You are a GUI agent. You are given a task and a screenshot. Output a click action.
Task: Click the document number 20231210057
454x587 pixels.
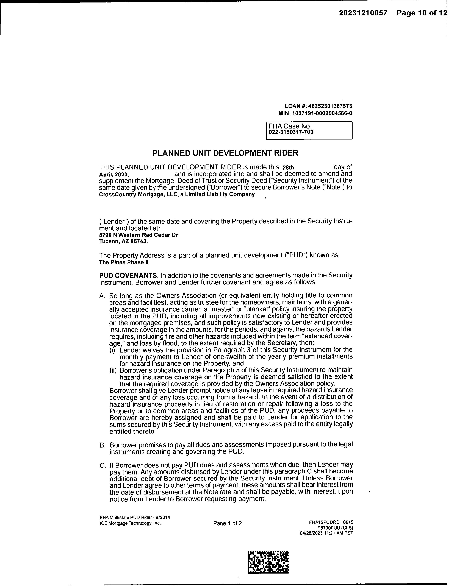(363, 13)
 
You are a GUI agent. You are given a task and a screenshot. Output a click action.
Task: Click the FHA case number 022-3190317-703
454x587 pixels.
(291, 132)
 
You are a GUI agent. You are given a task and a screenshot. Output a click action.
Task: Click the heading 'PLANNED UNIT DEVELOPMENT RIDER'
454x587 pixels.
(225, 153)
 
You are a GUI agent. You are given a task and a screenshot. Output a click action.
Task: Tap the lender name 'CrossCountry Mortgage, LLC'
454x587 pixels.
(137, 194)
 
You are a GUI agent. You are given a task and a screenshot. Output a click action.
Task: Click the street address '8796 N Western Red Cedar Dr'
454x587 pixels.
(139, 235)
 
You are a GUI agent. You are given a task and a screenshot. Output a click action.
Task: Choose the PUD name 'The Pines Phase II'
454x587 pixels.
(124, 262)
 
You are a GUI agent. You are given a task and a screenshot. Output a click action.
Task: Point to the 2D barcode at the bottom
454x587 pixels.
(268, 562)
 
